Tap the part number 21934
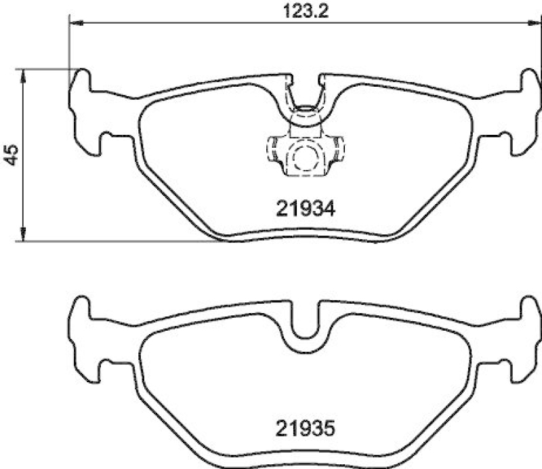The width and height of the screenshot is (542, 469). (305, 209)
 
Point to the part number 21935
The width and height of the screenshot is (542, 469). (305, 428)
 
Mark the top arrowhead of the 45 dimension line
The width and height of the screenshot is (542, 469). (24, 75)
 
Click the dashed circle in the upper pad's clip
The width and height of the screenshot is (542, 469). (304, 157)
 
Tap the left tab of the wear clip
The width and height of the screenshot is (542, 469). (273, 148)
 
